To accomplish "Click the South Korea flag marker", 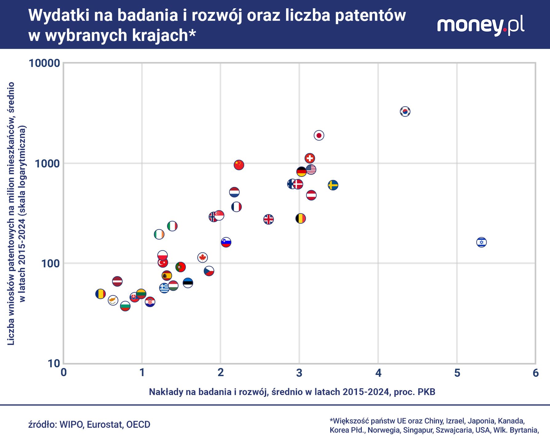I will [405, 111].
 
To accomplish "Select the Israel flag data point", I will [481, 242].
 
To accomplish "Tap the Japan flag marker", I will [319, 135].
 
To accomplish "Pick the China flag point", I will [239, 165].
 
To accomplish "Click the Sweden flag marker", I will [333, 185].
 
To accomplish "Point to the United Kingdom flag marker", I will [269, 219].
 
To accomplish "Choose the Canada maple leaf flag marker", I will [202, 257].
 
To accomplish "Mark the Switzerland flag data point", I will [310, 158].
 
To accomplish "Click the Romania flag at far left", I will [100, 294].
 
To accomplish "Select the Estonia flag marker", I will [188, 282].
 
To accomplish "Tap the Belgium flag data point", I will [301, 218].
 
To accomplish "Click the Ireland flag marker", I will [159, 234].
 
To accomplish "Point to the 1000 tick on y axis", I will [47, 163].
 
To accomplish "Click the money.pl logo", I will [480, 26].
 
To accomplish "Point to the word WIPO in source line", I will [71, 425].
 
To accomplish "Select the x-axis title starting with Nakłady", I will [292, 392].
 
